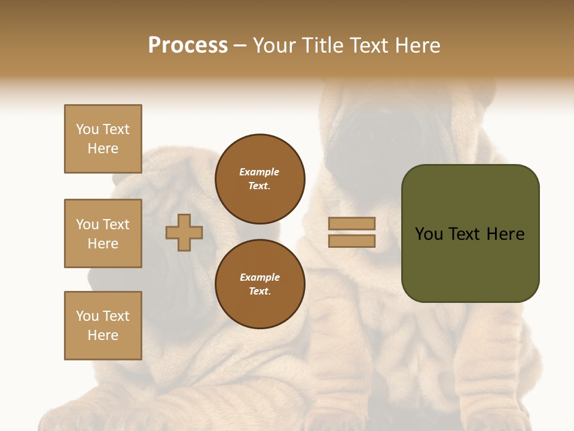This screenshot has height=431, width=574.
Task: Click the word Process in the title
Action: [x=188, y=45]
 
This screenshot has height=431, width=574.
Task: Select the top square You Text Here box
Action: [x=103, y=139]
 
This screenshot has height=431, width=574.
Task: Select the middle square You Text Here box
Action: [x=103, y=233]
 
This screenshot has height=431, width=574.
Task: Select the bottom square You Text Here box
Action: [x=103, y=326]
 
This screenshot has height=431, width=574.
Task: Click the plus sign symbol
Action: [x=184, y=232]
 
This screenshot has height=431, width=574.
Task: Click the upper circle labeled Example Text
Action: [x=259, y=179]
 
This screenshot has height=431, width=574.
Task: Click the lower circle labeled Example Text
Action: [x=259, y=284]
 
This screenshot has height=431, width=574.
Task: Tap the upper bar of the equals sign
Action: [x=352, y=223]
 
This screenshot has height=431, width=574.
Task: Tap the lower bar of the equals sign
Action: [x=352, y=241]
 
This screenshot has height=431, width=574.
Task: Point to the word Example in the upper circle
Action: [x=259, y=172]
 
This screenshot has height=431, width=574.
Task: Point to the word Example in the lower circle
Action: [x=259, y=277]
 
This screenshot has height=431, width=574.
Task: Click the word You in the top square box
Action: [x=87, y=129]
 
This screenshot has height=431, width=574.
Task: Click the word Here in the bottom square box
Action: [x=103, y=335]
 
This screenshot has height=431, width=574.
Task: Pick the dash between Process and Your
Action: [x=240, y=45]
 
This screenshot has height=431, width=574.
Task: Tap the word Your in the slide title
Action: [x=276, y=45]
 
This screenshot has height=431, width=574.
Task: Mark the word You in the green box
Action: [x=429, y=234]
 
